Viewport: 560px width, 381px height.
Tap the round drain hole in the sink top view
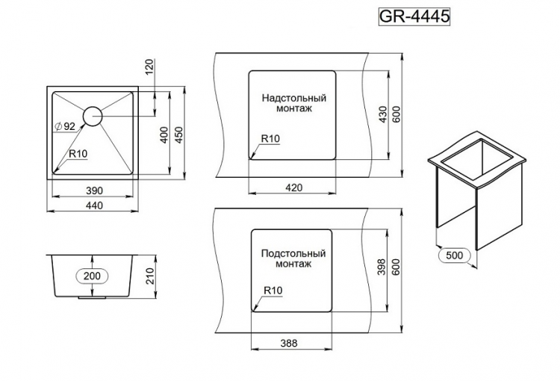93,116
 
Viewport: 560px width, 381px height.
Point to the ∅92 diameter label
65,126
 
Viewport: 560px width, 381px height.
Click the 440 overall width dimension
93,205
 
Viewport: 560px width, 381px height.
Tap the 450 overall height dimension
178,134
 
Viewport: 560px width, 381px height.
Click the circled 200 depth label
93,276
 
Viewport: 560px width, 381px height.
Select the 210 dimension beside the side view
149,276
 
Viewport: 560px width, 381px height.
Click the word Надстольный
294,98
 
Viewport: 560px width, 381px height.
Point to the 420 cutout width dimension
293,188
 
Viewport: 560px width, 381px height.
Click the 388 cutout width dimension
290,344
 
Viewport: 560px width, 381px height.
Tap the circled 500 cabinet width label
454,255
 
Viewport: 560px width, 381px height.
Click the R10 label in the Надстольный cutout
270,139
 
